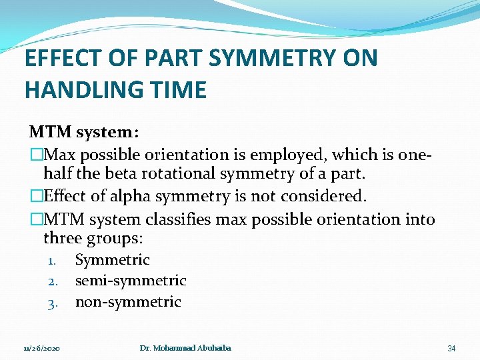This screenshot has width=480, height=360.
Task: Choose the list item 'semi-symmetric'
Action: click(131, 281)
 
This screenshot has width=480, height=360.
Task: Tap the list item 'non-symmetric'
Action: click(128, 303)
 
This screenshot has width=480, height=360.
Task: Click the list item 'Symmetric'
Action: click(112, 260)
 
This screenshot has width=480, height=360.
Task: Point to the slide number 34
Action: click(451, 349)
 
